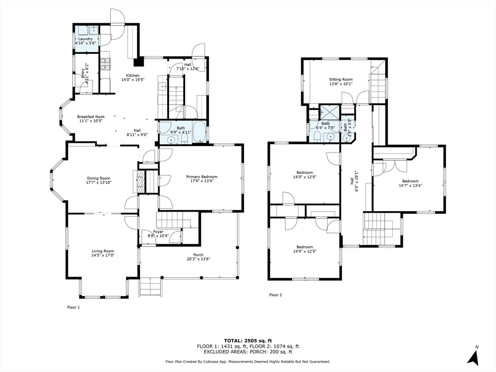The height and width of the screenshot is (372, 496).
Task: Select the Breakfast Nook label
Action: coord(91,117)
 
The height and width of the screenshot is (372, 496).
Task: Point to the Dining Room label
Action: coord(98,178)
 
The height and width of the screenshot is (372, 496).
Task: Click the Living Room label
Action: coord(103,251)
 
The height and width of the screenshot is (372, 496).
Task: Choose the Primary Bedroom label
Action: coord(201,177)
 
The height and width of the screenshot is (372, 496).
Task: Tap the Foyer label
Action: coord(158,232)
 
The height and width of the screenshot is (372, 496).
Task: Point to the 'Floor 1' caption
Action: coord(73,307)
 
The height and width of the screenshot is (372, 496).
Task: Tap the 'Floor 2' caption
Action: coord(276,294)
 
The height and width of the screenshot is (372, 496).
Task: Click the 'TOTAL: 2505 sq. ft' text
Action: coord(248,340)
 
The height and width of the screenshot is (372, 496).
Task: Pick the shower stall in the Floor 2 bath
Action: coord(330,112)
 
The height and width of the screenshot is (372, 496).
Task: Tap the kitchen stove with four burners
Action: coord(105,62)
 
